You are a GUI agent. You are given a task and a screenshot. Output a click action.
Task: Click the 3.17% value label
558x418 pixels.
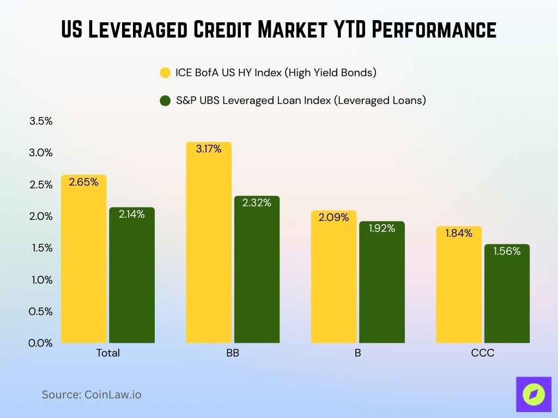point(209,149)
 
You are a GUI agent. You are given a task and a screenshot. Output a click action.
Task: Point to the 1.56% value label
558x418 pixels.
point(507,251)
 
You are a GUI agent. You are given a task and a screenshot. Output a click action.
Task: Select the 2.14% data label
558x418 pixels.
point(131,214)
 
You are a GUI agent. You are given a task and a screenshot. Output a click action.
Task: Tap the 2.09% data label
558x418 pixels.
point(333,218)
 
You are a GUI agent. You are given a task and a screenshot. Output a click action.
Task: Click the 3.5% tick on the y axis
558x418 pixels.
point(41,121)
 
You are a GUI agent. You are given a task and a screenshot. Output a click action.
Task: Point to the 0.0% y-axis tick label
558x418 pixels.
point(41,343)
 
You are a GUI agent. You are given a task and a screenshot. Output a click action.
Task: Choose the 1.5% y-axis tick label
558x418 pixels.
point(41,248)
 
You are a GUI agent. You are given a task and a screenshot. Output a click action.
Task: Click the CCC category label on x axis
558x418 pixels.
point(482,353)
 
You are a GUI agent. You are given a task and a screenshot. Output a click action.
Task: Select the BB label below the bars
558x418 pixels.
point(233,353)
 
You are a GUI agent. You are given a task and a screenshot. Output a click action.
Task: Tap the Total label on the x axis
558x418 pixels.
point(108,353)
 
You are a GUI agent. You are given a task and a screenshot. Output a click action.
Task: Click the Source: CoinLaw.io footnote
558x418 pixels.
point(92,395)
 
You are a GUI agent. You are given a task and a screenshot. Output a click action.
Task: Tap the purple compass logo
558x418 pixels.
point(533,394)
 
